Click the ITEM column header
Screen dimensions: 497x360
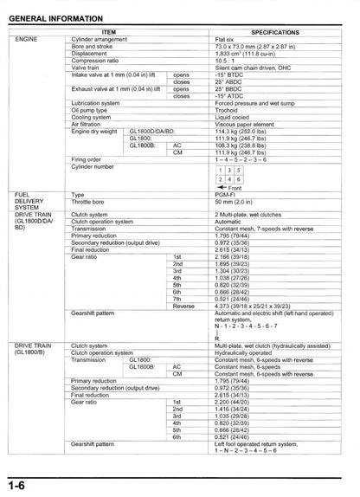(121, 30)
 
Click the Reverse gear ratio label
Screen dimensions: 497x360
(183, 306)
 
